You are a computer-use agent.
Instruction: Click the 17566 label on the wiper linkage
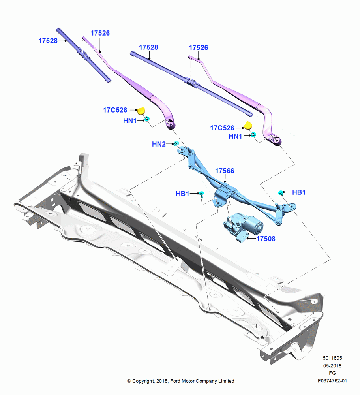(225, 171)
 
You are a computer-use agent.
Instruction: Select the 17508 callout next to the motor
(266, 239)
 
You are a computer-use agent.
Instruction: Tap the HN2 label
(159, 144)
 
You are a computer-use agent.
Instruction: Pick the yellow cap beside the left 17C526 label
(141, 110)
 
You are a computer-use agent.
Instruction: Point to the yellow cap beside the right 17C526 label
(248, 125)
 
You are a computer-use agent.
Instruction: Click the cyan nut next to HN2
(176, 144)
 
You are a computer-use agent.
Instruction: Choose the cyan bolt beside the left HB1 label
(201, 194)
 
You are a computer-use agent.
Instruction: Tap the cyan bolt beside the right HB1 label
(281, 193)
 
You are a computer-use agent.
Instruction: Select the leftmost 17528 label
(48, 41)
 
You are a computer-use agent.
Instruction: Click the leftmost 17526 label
(100, 33)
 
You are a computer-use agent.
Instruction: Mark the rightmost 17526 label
(199, 48)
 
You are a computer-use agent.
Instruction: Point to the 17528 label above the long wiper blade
(148, 47)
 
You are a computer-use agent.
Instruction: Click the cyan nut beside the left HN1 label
(147, 118)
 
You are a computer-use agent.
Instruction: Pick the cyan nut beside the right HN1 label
(253, 135)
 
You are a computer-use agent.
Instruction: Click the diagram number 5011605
(332, 358)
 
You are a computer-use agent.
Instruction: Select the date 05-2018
(332, 365)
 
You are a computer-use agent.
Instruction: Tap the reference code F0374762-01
(332, 381)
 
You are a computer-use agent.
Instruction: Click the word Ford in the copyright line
(176, 381)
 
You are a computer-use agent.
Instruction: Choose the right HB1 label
(299, 192)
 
